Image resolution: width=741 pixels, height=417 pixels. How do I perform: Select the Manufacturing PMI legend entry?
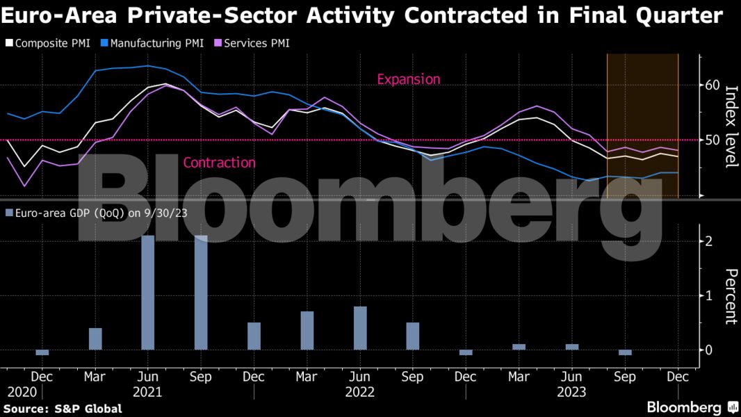tap(152, 43)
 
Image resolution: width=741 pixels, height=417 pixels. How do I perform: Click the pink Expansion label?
tap(408, 79)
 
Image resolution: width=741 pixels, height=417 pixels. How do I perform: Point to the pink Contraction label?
tap(219, 163)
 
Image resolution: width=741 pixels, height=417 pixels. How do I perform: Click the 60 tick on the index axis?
tap(712, 85)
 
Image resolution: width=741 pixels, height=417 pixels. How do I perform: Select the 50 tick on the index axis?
tap(712, 140)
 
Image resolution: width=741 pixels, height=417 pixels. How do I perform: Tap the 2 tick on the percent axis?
tap(708, 242)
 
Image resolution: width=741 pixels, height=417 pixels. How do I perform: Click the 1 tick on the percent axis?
tap(708, 296)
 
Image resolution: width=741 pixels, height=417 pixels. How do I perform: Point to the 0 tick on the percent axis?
tap(708, 350)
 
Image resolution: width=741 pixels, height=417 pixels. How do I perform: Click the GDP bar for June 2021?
tap(147, 293)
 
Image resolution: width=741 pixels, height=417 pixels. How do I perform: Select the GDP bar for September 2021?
tap(201, 293)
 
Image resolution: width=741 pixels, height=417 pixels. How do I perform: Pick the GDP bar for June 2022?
tap(359, 328)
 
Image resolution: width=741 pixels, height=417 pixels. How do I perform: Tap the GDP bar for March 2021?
tap(95, 339)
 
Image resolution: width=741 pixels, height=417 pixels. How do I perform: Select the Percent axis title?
tap(731, 296)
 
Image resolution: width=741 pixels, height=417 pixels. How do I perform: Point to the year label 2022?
tap(359, 392)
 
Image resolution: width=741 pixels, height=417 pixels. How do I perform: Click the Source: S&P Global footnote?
tap(64, 409)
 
